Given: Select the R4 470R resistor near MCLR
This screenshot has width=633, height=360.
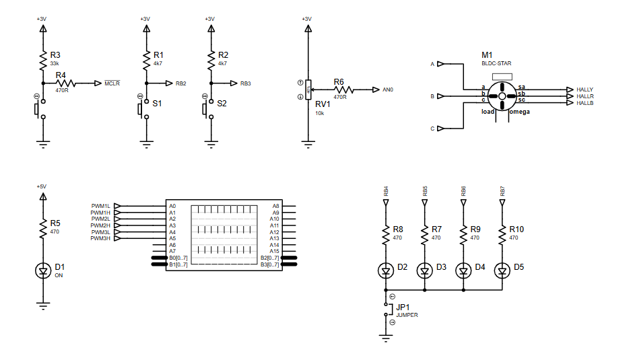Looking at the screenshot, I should (66, 83).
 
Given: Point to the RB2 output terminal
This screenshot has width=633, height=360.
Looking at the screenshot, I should (180, 83).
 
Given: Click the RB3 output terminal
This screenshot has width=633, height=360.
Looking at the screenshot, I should (245, 83).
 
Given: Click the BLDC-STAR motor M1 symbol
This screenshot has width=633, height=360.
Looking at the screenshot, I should (502, 96).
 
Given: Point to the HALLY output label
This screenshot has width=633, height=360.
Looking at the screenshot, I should (585, 89).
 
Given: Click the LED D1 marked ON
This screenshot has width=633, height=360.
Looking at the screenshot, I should (42, 271).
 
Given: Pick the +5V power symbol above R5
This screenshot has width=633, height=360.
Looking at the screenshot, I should (42, 196).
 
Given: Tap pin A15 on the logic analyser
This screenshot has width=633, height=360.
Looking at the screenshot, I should (274, 251).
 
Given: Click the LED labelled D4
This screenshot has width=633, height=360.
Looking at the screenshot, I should (464, 271).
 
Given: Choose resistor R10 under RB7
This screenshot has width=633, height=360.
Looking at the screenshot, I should (502, 234).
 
